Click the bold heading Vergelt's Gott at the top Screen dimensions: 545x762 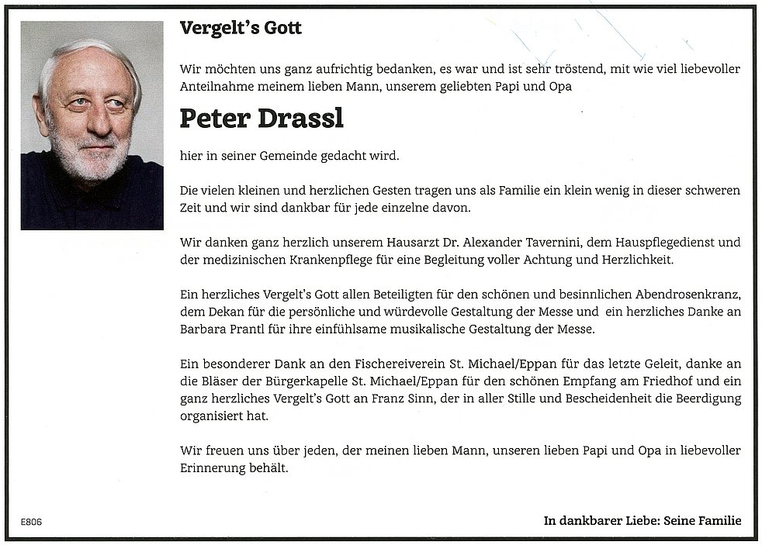pyautogui.click(x=241, y=29)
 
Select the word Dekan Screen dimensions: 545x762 pyautogui.click(x=226, y=312)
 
